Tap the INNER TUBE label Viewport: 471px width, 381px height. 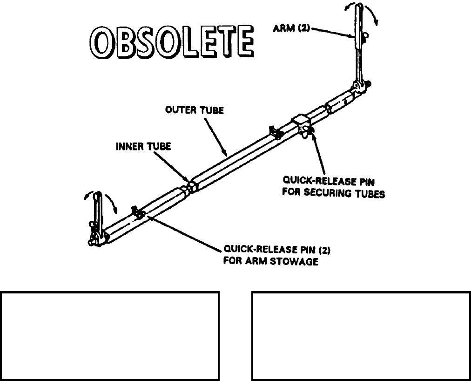[x=143, y=146]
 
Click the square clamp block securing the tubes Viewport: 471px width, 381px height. [x=301, y=125]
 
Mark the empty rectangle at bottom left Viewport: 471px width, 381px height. [x=110, y=336]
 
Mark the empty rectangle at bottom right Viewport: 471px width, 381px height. [x=361, y=336]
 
